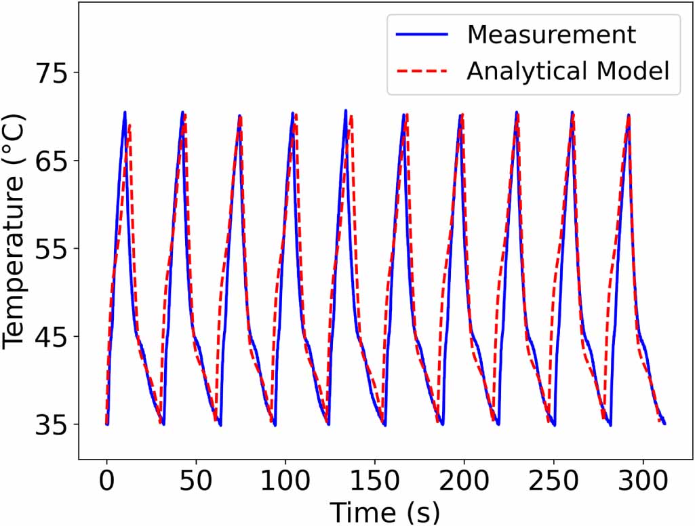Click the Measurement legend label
(552, 35)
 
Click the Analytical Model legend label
(568, 70)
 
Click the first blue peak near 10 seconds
(125, 113)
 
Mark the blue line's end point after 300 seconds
(664, 424)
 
